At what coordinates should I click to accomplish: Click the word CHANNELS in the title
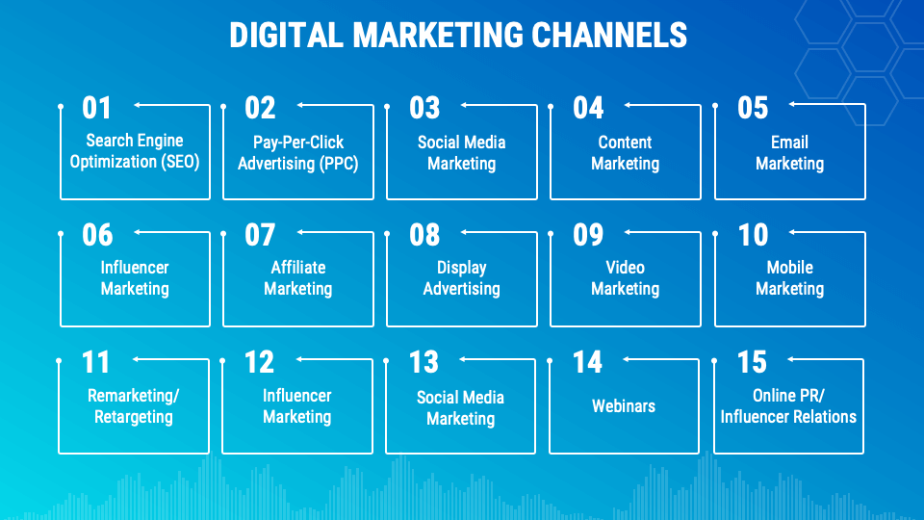[609, 36]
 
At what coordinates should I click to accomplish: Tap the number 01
[97, 107]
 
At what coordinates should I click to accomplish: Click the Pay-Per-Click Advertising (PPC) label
[298, 152]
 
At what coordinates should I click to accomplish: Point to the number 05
[753, 107]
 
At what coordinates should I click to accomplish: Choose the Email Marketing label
[789, 152]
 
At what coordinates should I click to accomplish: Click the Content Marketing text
[626, 152]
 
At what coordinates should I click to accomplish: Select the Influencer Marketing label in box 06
[135, 277]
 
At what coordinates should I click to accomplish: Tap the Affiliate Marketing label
[298, 277]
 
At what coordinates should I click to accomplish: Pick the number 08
[424, 234]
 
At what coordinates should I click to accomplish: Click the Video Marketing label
[626, 277]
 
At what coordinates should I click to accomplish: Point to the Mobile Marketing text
[789, 277]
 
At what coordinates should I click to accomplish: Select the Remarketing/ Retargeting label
[134, 405]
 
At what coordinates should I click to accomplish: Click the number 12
[260, 362]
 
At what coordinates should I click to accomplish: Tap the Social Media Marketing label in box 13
[461, 407]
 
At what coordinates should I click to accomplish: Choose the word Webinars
[624, 405]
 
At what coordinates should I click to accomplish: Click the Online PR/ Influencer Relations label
[788, 405]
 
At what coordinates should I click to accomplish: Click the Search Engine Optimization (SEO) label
[135, 151]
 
